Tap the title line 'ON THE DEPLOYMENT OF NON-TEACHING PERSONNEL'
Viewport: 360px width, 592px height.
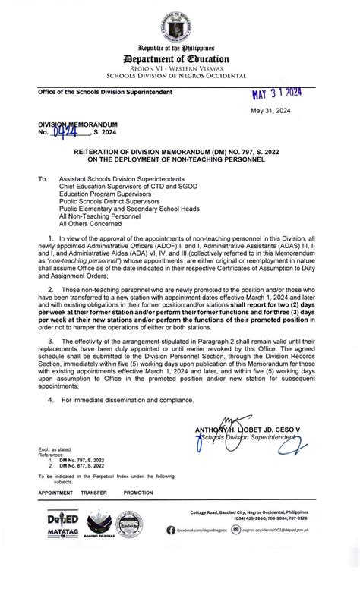point(180,160)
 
